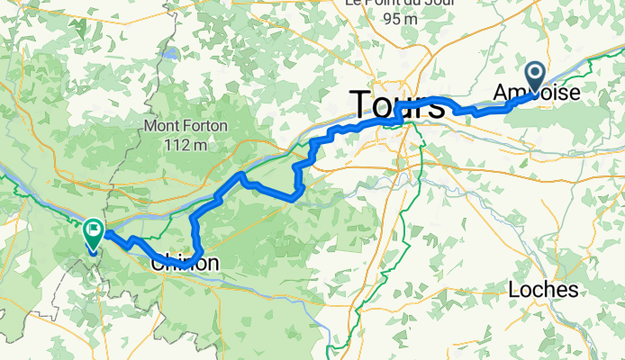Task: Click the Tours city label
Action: (x=397, y=104)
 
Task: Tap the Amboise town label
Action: (x=537, y=92)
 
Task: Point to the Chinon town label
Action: (x=184, y=263)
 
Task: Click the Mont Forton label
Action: (x=185, y=126)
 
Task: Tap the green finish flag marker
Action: (x=93, y=234)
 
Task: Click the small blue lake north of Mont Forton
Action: (x=168, y=53)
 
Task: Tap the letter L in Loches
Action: (x=514, y=289)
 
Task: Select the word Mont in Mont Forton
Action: (x=160, y=126)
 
